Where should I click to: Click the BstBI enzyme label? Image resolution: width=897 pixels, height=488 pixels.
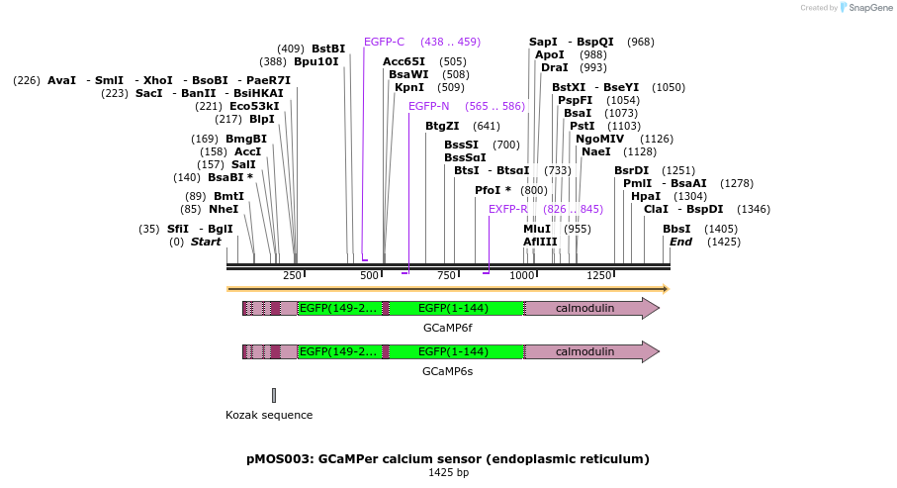click(x=328, y=49)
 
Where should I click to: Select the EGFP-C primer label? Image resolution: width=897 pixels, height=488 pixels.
click(x=384, y=42)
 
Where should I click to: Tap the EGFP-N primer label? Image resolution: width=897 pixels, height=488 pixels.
click(x=428, y=106)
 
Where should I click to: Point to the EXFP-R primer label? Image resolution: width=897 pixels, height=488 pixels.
click(x=508, y=209)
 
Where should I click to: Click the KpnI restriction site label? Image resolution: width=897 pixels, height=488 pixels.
click(x=409, y=87)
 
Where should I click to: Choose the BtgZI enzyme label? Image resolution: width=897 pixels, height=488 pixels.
click(x=442, y=126)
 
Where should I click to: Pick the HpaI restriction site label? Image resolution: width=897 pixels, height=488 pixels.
click(x=646, y=196)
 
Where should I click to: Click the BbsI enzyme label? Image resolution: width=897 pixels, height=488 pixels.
click(x=677, y=229)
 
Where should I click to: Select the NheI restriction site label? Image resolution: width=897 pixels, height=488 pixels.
click(x=224, y=209)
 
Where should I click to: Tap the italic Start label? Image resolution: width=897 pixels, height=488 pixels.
click(x=206, y=242)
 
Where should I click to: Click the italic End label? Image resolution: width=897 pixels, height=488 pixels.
click(x=680, y=242)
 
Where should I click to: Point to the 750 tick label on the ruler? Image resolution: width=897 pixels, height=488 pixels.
click(x=446, y=275)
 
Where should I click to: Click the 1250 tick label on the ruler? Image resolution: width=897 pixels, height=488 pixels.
click(x=599, y=275)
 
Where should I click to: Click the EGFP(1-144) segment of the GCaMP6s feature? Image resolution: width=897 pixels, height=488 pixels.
click(x=453, y=351)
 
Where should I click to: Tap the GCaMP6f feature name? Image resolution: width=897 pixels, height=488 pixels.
click(x=447, y=327)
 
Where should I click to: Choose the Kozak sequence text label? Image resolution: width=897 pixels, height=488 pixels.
click(x=269, y=415)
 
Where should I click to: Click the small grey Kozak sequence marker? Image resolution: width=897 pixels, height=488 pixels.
click(x=274, y=395)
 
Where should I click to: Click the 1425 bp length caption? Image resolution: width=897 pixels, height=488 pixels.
click(x=448, y=473)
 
